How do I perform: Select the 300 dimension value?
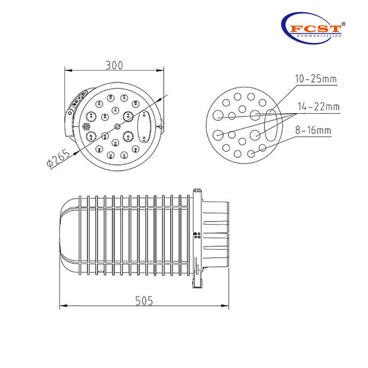click(x=114, y=65)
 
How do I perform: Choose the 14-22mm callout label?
click(x=318, y=107)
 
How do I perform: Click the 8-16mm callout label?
click(x=313, y=131)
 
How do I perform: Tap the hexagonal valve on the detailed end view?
click(x=86, y=126)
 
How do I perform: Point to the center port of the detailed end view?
click(x=117, y=126)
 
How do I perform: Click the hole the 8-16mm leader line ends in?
click(x=252, y=153)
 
